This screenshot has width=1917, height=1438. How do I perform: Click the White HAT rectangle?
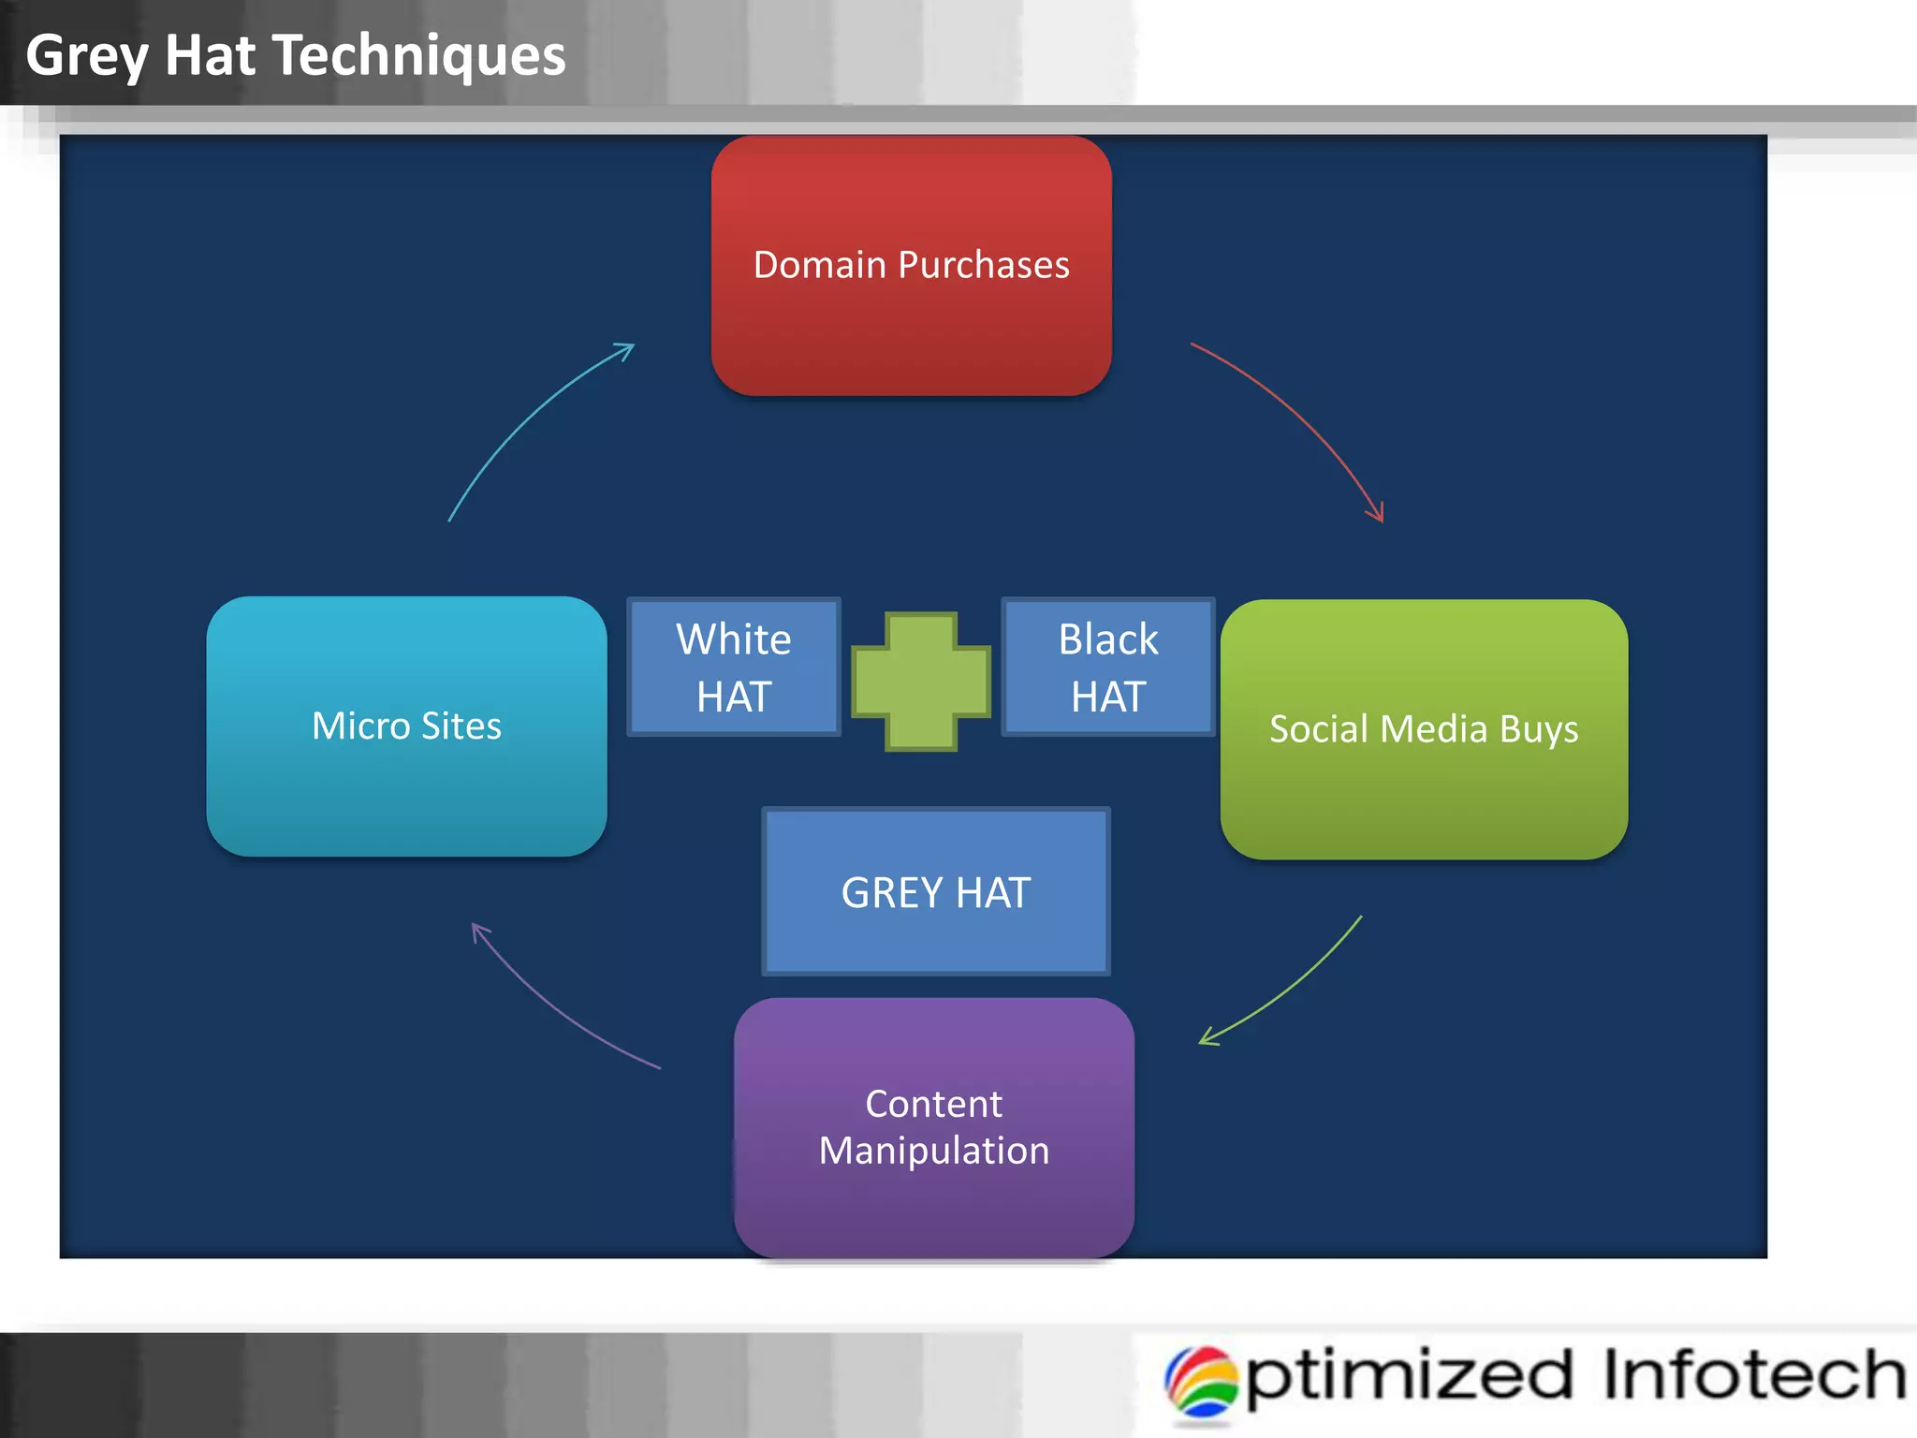[734, 667]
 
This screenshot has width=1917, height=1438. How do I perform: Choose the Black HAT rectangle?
[1108, 667]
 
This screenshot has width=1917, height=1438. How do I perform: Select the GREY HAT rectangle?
[936, 891]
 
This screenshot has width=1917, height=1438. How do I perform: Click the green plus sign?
[921, 682]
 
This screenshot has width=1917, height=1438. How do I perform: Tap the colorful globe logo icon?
[1201, 1382]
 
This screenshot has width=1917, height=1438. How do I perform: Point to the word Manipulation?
[933, 1151]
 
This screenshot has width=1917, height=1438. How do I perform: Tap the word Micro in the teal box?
[360, 726]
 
